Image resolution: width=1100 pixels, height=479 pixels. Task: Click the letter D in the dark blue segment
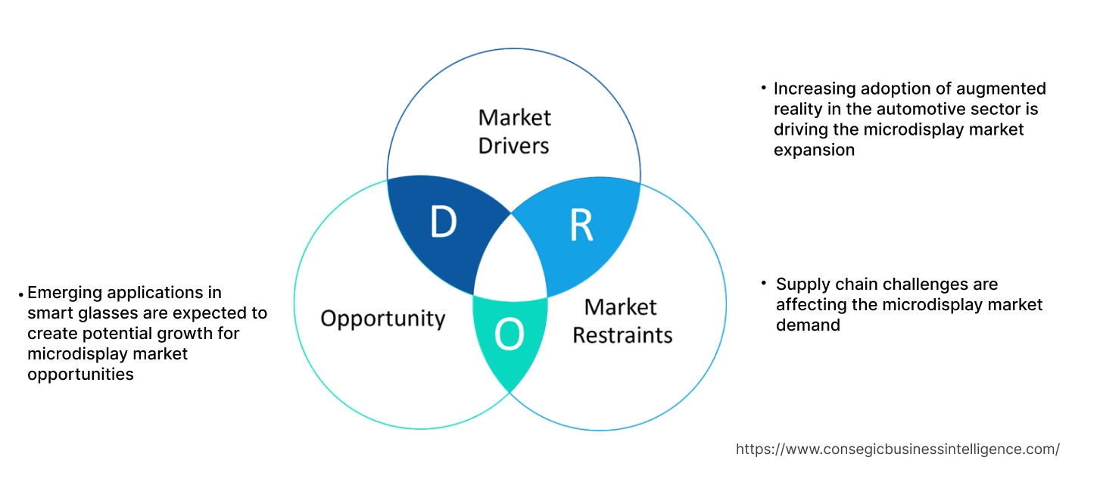443,221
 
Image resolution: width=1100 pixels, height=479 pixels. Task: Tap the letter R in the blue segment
581,226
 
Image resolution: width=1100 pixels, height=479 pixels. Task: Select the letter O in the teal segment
509,335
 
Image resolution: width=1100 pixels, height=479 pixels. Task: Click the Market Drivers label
514,131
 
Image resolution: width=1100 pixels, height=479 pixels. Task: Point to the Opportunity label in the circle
382,318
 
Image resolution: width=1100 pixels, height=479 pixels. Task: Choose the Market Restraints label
622,321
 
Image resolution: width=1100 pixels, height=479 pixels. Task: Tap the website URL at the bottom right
897,449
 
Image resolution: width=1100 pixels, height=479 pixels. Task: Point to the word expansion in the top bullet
814,150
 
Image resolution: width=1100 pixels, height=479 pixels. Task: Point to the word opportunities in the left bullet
80,374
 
